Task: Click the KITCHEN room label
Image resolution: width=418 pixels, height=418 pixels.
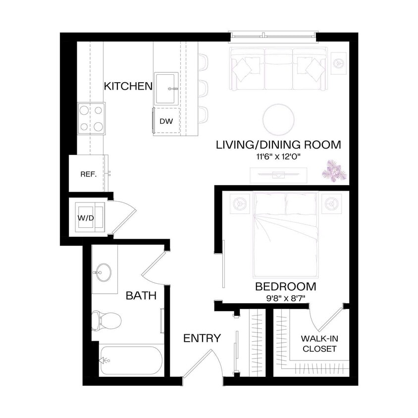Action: point(128,86)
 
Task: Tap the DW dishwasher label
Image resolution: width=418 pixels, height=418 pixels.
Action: point(166,121)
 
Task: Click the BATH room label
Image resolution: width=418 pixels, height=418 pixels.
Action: point(141,296)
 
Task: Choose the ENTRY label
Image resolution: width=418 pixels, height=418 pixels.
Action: point(202,338)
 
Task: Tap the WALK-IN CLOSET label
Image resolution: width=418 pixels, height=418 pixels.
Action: point(319,344)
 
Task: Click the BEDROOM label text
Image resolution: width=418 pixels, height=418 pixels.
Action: point(286,286)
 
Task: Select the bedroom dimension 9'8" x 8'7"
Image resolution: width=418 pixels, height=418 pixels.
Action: point(286,298)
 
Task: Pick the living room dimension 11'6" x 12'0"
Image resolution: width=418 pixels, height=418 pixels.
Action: point(278,157)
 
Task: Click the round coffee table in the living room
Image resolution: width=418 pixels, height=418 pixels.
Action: point(279,119)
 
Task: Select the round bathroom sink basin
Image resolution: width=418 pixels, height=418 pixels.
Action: point(104,272)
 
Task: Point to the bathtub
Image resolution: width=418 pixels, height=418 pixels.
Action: point(131,360)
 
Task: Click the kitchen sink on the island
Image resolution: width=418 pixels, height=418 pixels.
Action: point(166,89)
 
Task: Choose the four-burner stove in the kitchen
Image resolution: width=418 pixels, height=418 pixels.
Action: point(92,118)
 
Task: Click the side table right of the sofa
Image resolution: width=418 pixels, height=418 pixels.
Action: point(339,63)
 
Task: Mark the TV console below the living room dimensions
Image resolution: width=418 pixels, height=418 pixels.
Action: point(278,175)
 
